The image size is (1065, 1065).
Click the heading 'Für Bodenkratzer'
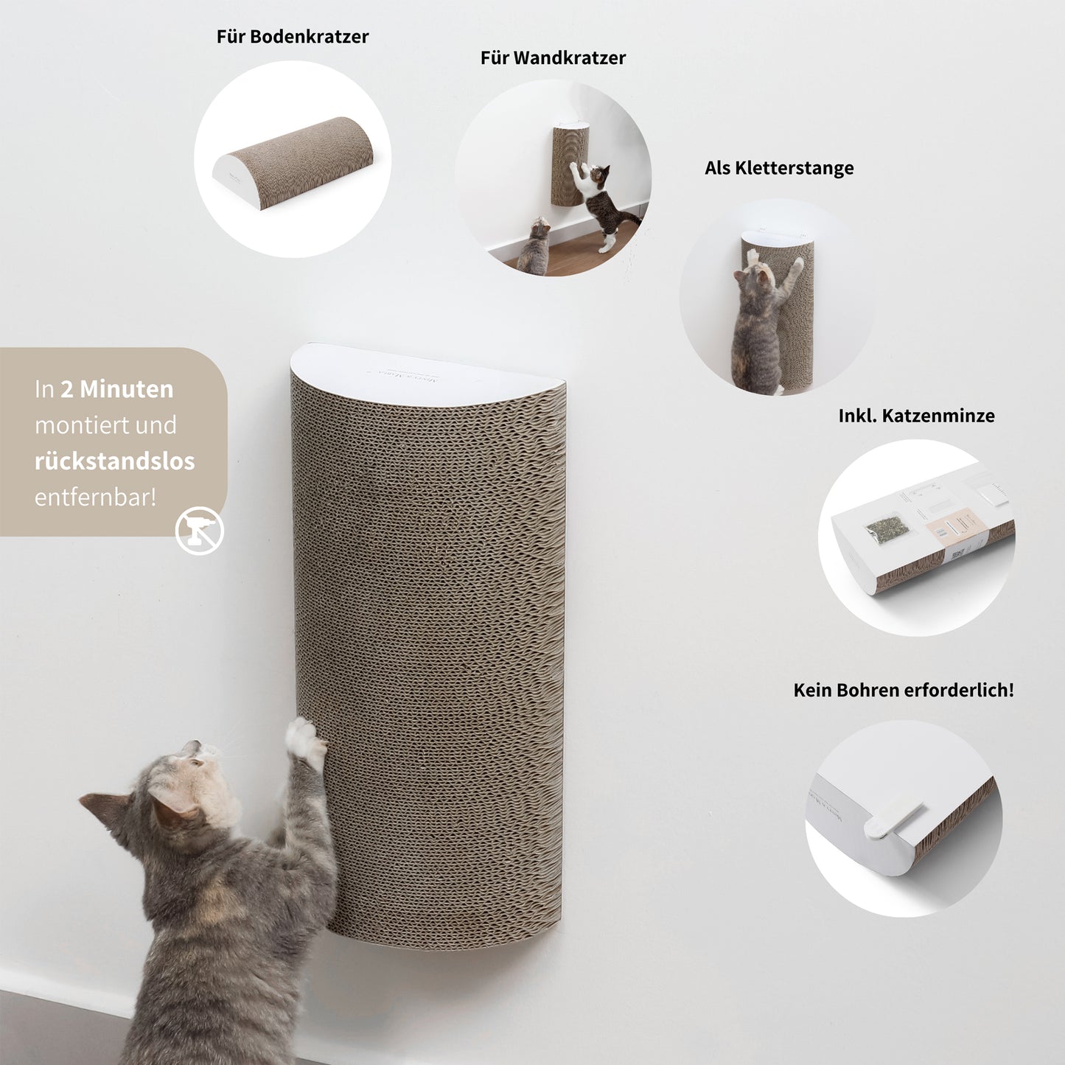click(x=292, y=37)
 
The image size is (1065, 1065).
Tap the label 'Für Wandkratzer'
click(x=553, y=58)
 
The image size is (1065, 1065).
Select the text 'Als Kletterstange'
click(x=779, y=168)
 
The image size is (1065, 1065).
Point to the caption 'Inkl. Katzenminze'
click(x=916, y=416)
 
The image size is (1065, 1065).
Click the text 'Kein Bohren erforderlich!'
click(x=903, y=691)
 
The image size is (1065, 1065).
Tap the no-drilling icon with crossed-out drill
click(x=200, y=531)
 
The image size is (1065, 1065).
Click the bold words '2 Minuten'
click(x=117, y=389)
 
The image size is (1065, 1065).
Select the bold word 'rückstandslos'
click(x=114, y=461)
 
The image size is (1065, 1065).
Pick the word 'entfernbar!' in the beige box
click(x=95, y=497)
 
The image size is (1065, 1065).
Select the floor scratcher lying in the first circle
click(x=293, y=162)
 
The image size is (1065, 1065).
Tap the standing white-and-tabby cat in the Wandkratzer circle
click(x=601, y=203)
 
